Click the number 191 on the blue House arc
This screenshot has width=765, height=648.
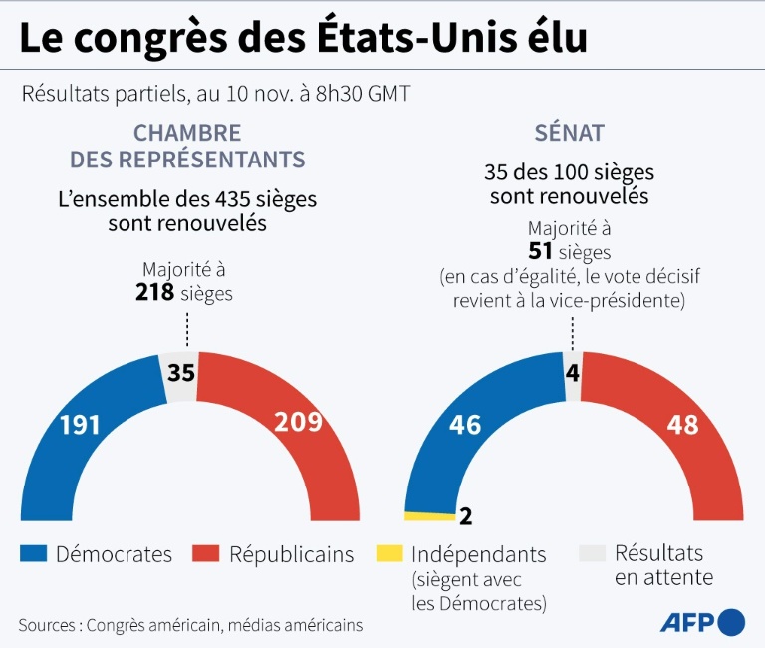pos(80,425)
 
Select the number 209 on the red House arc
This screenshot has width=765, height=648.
pos(297,422)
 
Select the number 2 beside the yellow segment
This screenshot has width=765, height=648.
pos(465,515)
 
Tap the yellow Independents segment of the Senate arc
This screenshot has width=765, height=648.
pos(429,515)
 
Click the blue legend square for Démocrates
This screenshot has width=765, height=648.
pos(34,554)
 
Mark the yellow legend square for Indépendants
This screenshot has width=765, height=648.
pos(388,554)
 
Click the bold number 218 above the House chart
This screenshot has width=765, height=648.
pos(155,292)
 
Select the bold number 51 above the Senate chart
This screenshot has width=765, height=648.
pos(541,252)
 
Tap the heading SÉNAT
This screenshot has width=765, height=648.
pos(569,132)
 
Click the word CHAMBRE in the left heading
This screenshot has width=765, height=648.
pos(187,132)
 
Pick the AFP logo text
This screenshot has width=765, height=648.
pos(687,622)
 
